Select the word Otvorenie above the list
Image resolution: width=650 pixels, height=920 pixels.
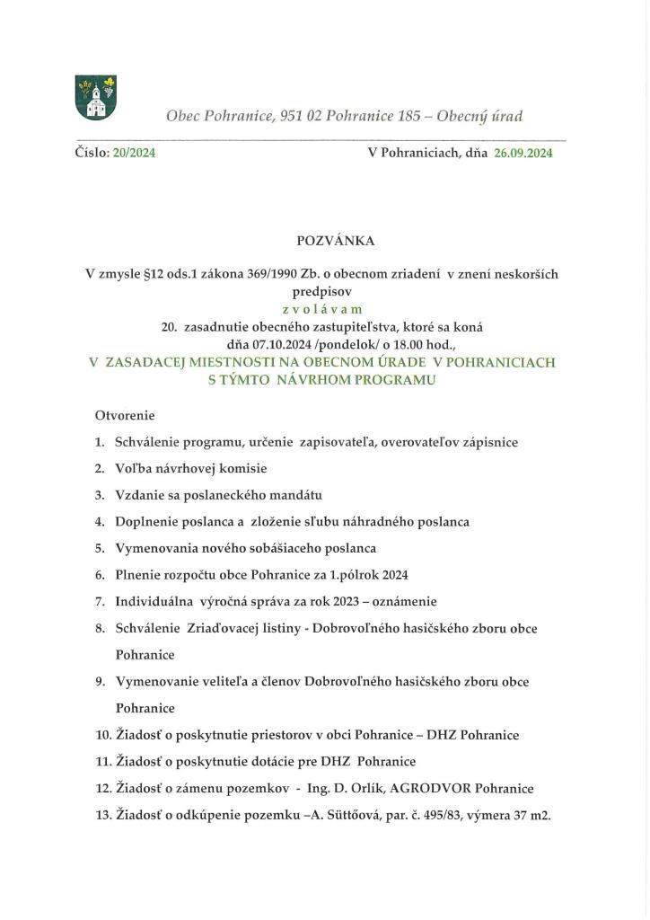(x=125, y=416)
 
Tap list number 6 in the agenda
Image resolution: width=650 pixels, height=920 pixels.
(x=100, y=574)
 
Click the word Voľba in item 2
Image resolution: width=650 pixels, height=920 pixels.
(x=133, y=469)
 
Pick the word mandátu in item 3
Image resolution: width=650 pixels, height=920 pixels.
(x=294, y=495)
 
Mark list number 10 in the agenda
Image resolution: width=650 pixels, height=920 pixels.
(x=102, y=735)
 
